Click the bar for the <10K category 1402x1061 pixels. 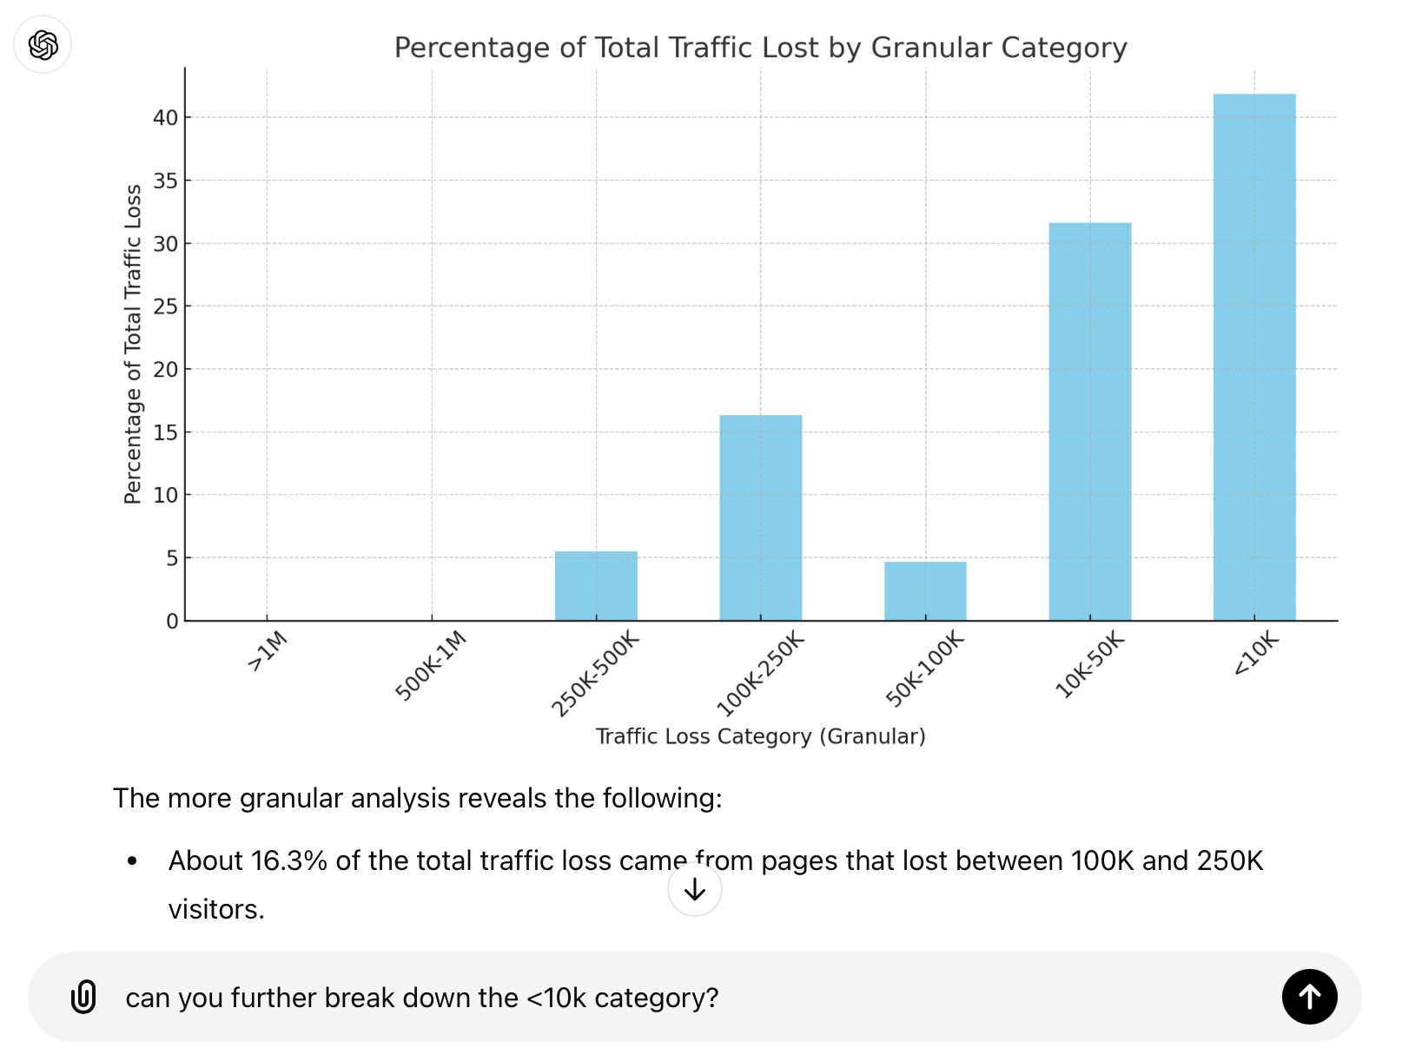pyautogui.click(x=1253, y=357)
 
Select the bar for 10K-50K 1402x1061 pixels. pyautogui.click(x=1089, y=421)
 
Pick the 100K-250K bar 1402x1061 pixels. pyautogui.click(x=760, y=517)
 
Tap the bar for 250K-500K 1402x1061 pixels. pyautogui.click(x=596, y=585)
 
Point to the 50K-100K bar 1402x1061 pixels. pyautogui.click(x=925, y=590)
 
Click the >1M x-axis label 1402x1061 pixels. pyautogui.click(x=268, y=651)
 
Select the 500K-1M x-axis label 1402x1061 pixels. pyautogui.click(x=432, y=666)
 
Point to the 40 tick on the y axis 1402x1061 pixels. pyautogui.click(x=165, y=117)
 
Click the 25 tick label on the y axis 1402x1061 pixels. pyautogui.click(x=165, y=306)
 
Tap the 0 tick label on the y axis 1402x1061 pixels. pyautogui.click(x=172, y=621)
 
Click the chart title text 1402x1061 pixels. pyautogui.click(x=760, y=48)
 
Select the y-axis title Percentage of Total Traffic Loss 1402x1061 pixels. pyautogui.click(x=133, y=344)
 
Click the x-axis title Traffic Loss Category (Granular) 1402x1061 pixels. pyautogui.click(x=760, y=736)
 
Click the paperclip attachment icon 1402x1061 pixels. pyautogui.click(x=83, y=997)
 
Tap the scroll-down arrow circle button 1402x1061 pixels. pyautogui.click(x=694, y=889)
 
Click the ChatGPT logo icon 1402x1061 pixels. pyautogui.click(x=43, y=44)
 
